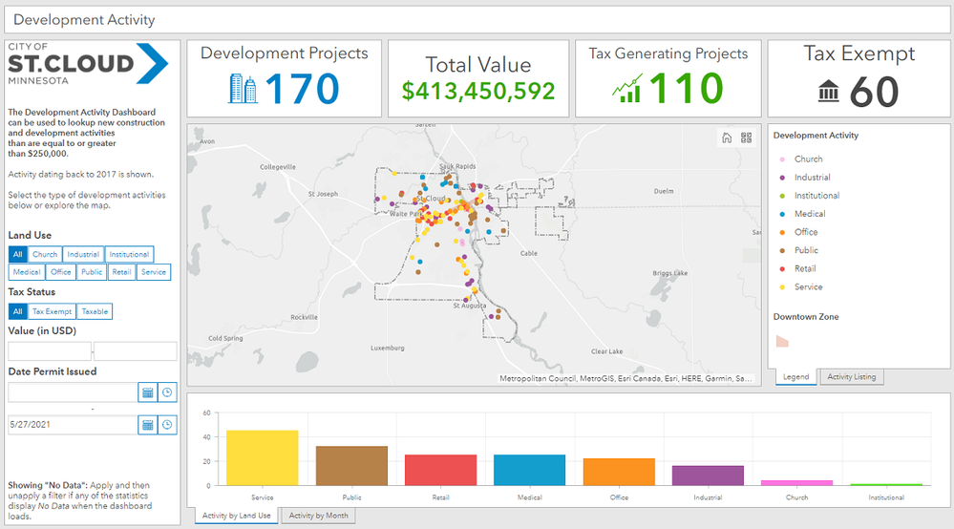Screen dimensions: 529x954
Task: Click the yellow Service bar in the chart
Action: [262, 457]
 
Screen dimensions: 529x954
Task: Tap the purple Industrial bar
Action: [708, 475]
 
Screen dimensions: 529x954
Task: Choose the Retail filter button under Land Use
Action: [121, 272]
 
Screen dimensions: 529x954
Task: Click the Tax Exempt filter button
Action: [52, 311]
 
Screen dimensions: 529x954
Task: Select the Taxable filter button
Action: [95, 311]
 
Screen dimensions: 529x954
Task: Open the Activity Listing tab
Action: [852, 377]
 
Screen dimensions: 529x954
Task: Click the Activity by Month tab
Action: [318, 516]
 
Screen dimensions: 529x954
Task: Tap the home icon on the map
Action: [727, 138]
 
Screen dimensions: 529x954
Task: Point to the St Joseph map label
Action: [323, 194]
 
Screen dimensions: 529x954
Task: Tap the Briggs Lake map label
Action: [669, 273]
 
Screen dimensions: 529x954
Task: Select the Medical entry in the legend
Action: [809, 214]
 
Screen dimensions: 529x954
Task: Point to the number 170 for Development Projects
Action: [302, 89]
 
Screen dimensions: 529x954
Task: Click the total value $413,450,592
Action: [477, 91]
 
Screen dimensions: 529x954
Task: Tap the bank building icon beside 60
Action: [829, 92]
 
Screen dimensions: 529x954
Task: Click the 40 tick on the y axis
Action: [206, 437]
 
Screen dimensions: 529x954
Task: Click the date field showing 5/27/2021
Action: [73, 424]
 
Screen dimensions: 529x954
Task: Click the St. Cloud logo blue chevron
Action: [153, 63]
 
